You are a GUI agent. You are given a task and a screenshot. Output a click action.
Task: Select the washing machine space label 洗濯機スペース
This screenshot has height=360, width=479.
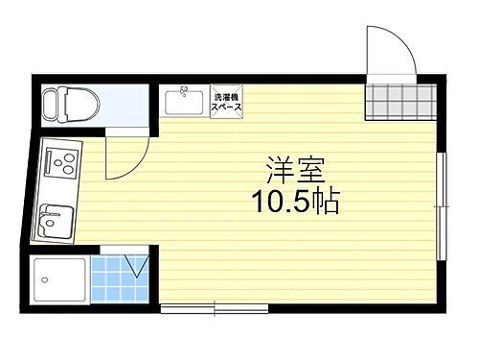(227, 101)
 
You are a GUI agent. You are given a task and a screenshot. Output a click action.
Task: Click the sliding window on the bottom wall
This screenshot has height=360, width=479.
(214, 308)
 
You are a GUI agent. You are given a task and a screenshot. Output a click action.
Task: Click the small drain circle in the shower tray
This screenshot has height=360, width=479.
(43, 278)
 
